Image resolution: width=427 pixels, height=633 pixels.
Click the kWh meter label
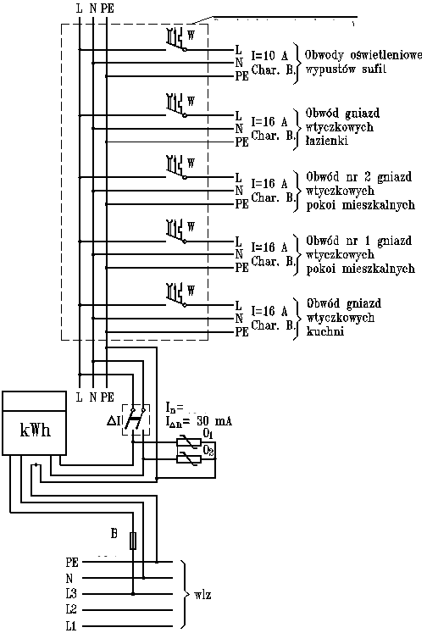pos(35,430)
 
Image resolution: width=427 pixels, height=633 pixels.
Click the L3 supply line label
pos(71,592)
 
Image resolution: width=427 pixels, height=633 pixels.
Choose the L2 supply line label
pos(71,608)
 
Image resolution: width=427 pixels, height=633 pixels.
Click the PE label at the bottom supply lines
pos(71,562)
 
